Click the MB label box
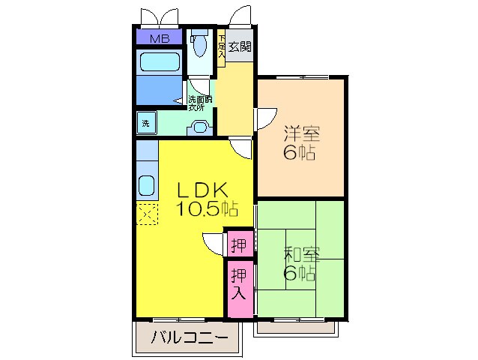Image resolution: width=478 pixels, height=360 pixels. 158,38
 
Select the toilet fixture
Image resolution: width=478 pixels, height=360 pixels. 199,45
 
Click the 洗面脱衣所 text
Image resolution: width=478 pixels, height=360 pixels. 200,103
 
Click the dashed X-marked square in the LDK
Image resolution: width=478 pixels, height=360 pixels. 147,214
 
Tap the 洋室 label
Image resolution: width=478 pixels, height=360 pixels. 300,135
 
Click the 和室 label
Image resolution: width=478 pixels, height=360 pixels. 300,254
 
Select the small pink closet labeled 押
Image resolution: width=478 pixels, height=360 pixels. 238,244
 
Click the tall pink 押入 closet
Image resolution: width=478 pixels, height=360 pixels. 238,283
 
